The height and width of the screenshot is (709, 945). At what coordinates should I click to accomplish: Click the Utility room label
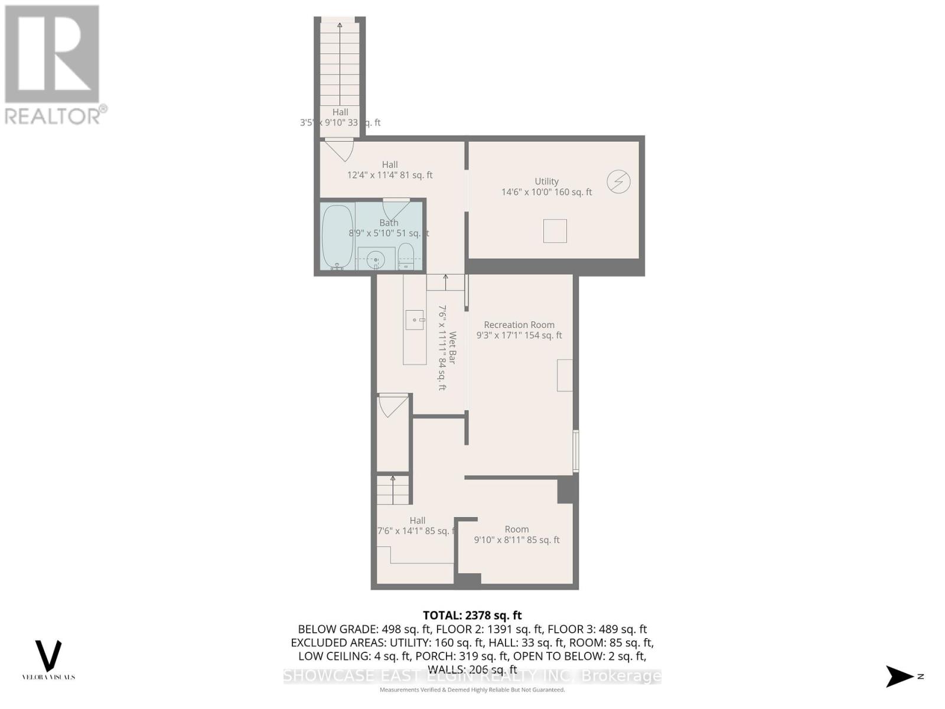click(x=546, y=181)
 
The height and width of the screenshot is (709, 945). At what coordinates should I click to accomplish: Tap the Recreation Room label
click(x=519, y=325)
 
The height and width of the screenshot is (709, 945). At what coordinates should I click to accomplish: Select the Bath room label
click(x=389, y=223)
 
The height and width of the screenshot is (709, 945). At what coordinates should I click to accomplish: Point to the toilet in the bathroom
click(x=406, y=258)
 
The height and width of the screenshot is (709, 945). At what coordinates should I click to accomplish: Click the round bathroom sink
click(x=375, y=259)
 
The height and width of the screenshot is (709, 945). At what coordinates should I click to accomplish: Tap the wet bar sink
click(x=415, y=320)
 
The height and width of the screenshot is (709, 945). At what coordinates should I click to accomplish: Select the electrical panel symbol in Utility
click(x=618, y=181)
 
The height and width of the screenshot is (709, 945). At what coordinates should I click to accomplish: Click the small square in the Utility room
click(x=555, y=231)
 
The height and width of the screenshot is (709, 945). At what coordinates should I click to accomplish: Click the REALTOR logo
click(x=54, y=65)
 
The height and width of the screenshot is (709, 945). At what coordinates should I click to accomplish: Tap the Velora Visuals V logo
click(x=48, y=656)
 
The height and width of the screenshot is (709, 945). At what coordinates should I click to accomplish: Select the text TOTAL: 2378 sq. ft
click(x=472, y=616)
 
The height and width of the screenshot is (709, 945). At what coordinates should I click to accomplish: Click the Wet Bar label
click(x=452, y=347)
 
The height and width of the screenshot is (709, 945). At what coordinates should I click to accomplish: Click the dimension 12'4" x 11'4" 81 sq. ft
click(x=390, y=175)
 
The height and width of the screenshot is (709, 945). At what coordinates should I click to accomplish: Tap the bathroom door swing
click(x=396, y=209)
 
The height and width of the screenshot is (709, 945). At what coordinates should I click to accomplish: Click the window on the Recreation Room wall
click(x=576, y=451)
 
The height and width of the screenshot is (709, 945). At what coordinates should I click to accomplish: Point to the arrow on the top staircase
click(x=340, y=25)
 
